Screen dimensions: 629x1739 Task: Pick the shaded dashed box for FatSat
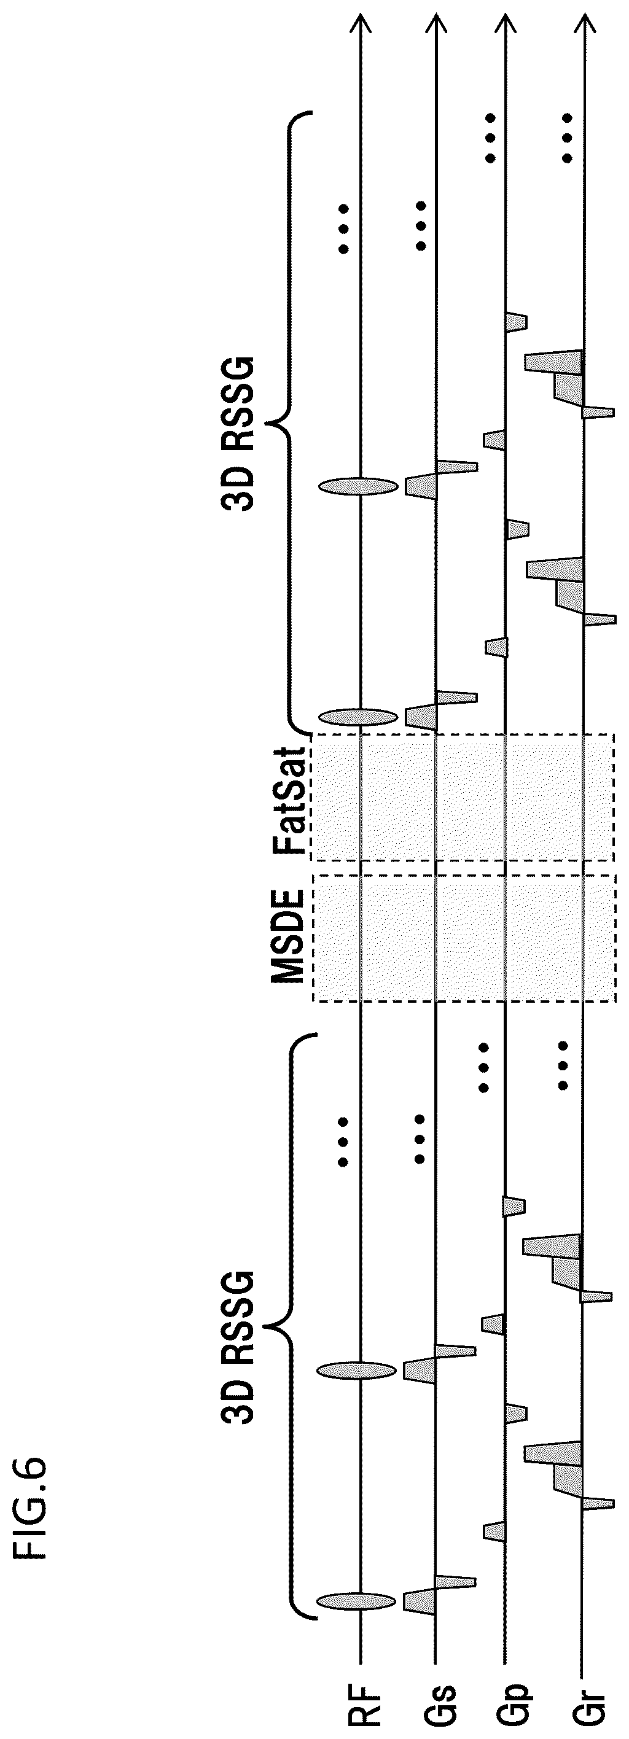coord(462,797)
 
